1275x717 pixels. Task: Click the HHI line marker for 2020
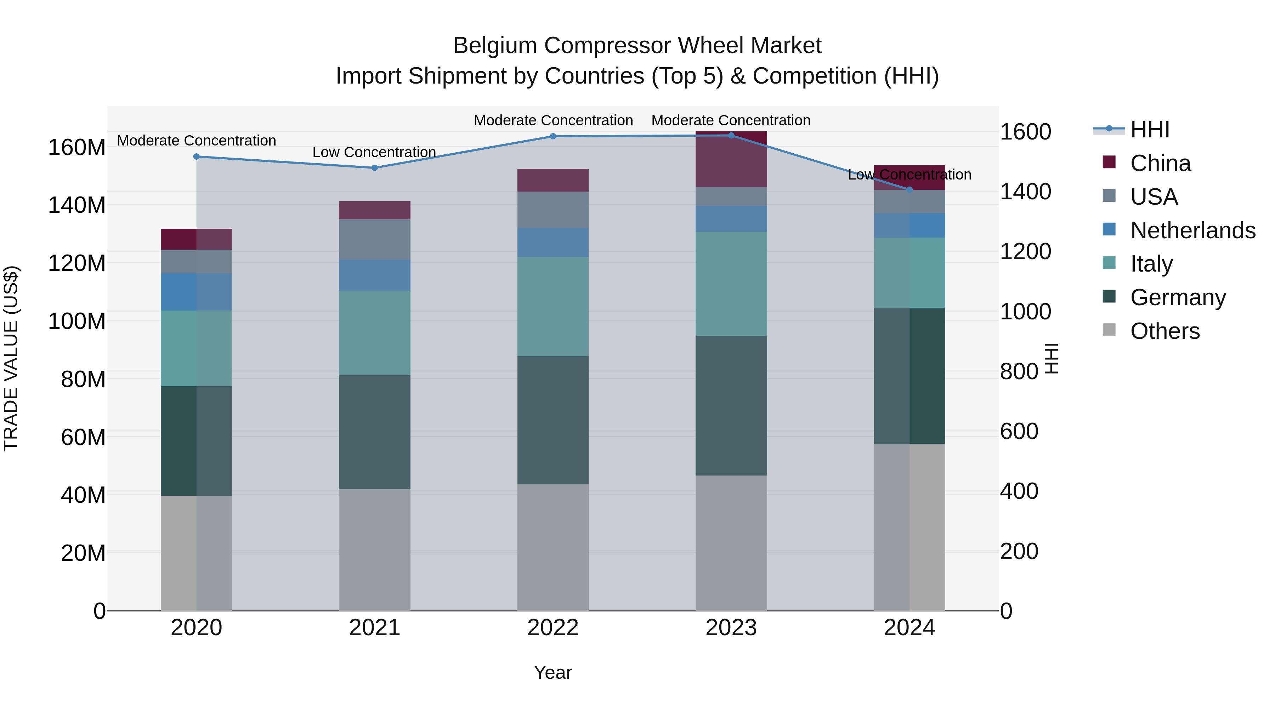pyautogui.click(x=197, y=157)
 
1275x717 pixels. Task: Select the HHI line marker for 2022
pyautogui.click(x=553, y=136)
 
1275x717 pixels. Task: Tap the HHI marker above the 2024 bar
pyautogui.click(x=909, y=189)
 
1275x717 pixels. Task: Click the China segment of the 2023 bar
pyautogui.click(x=731, y=159)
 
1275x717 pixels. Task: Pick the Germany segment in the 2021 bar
pyautogui.click(x=375, y=432)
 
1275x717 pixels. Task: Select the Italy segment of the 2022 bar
pyautogui.click(x=553, y=306)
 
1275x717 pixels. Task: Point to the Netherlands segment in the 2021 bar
pyautogui.click(x=375, y=275)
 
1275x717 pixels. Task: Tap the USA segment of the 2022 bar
pyautogui.click(x=553, y=210)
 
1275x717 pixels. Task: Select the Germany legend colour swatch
pyautogui.click(x=1109, y=297)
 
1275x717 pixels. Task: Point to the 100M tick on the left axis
pyautogui.click(x=77, y=321)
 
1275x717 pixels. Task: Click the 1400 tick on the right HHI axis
pyautogui.click(x=1025, y=192)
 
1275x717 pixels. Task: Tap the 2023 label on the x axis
pyautogui.click(x=731, y=628)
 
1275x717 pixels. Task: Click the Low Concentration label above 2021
pyautogui.click(x=374, y=152)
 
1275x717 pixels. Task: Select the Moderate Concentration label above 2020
pyautogui.click(x=197, y=141)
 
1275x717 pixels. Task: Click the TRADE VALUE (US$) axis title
pyautogui.click(x=11, y=358)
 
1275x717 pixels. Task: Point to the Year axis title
pyautogui.click(x=553, y=672)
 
